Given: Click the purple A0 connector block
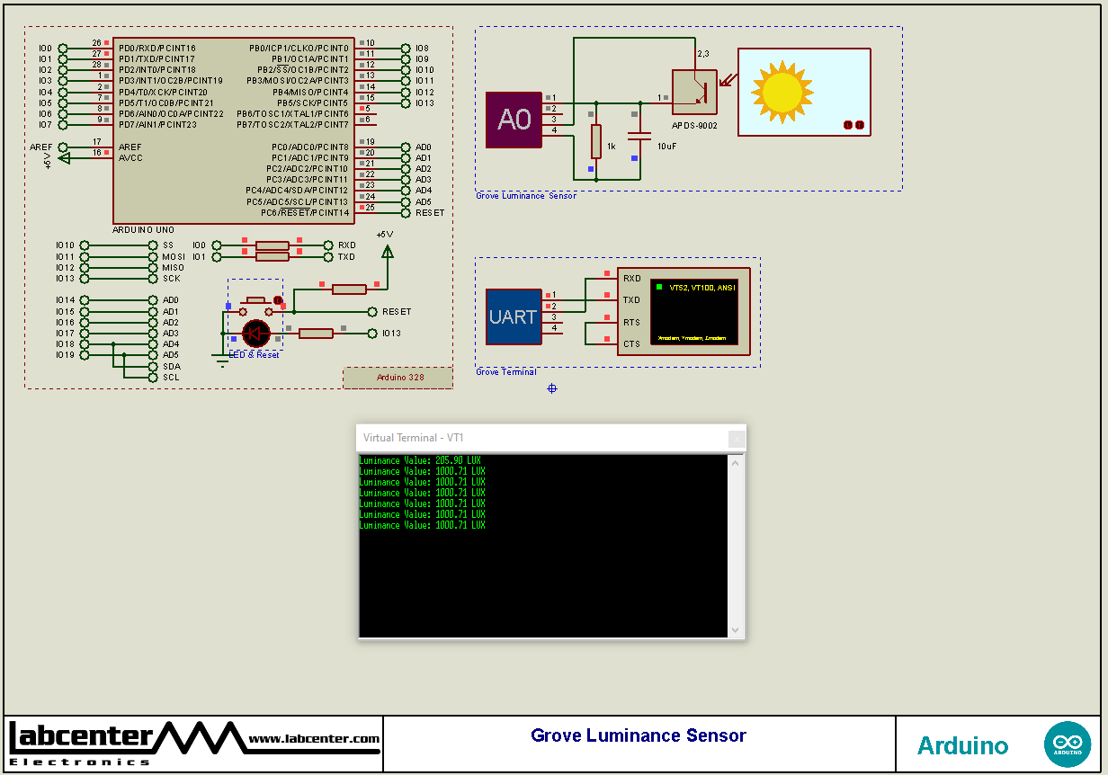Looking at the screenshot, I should pos(514,120).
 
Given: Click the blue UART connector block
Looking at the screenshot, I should pos(514,316).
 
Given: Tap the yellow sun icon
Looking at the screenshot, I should pos(782,91).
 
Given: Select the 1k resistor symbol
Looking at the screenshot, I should pos(595,141).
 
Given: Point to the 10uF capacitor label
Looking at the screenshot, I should pos(666,146).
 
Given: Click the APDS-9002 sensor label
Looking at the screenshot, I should pos(694,126).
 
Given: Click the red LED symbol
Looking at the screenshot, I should pos(256,334).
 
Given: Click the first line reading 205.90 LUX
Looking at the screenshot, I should pos(422,460).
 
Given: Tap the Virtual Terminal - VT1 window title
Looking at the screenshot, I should pos(414,438).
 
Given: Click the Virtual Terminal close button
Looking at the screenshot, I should pos(737,439).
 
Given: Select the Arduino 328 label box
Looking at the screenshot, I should pos(398,378).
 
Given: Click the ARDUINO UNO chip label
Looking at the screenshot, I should pos(143,230).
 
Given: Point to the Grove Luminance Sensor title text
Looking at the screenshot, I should pos(639,736).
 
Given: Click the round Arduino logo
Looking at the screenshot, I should pos(1068,744).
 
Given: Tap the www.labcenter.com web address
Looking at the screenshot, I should pos(314,739).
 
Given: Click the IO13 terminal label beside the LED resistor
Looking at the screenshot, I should pos(391,334).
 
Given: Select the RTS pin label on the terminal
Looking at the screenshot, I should pos(631,322).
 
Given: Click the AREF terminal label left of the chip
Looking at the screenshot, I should pos(41,147).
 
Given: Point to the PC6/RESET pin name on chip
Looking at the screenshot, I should pos(304,213).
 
